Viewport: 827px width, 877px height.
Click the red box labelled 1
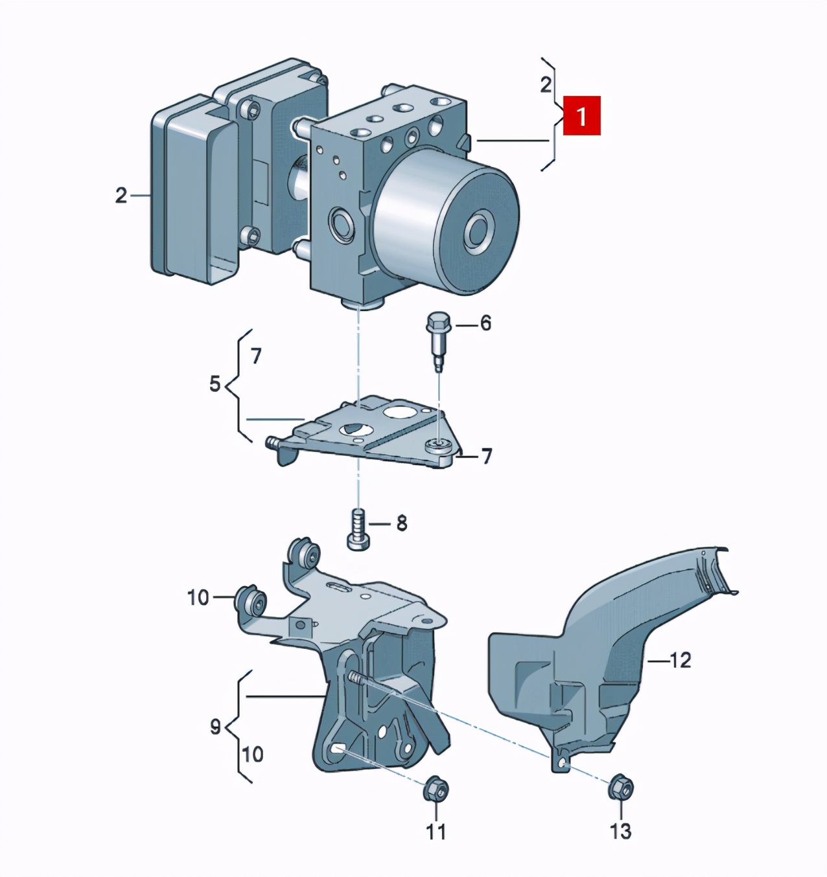pyautogui.click(x=581, y=116)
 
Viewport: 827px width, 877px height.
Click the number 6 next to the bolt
pyautogui.click(x=485, y=324)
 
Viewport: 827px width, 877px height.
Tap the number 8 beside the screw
pyautogui.click(x=401, y=524)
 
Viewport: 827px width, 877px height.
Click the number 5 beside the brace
pyautogui.click(x=215, y=384)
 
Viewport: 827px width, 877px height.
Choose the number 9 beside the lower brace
pyautogui.click(x=215, y=726)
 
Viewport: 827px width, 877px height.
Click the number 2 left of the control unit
pyautogui.click(x=121, y=195)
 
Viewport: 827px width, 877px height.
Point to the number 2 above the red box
pyautogui.click(x=546, y=84)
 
